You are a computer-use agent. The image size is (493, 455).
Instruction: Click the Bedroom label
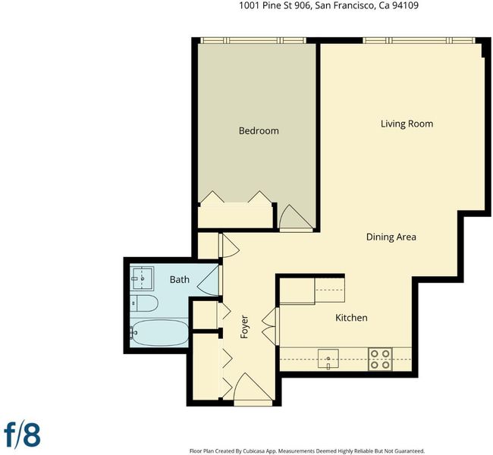(x=259, y=130)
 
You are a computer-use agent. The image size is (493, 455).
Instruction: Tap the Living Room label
(x=407, y=124)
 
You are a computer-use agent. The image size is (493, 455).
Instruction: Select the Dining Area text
(x=391, y=237)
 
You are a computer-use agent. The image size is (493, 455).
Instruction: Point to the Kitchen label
(x=351, y=318)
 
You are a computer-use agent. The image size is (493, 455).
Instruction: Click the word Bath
(x=180, y=279)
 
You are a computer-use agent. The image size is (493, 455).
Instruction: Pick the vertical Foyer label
(x=244, y=327)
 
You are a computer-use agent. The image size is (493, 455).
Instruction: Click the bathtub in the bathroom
(x=159, y=333)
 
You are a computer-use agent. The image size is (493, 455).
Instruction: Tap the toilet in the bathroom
(x=143, y=303)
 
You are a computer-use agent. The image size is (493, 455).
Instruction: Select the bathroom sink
(x=142, y=278)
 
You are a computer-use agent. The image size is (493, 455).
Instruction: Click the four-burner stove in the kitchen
(x=380, y=359)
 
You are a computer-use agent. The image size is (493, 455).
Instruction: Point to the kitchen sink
(x=328, y=359)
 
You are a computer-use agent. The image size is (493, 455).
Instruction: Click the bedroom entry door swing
(x=296, y=217)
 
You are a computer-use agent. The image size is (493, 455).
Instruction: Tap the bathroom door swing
(x=209, y=281)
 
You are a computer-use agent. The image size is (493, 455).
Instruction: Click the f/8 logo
(x=22, y=435)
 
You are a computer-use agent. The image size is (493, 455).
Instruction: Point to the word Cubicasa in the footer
(x=254, y=451)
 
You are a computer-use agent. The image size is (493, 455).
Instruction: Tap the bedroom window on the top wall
(x=253, y=40)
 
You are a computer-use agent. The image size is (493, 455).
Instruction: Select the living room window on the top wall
(x=419, y=40)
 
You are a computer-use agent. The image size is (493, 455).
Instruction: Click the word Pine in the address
(x=273, y=5)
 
